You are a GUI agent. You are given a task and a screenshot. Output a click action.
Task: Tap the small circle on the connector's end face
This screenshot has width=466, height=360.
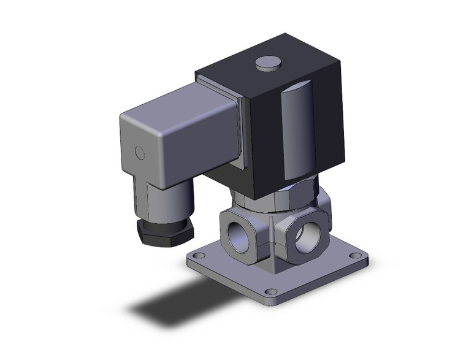coord(140,152)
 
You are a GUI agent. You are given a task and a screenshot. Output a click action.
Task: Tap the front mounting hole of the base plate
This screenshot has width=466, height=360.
coord(268,291)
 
